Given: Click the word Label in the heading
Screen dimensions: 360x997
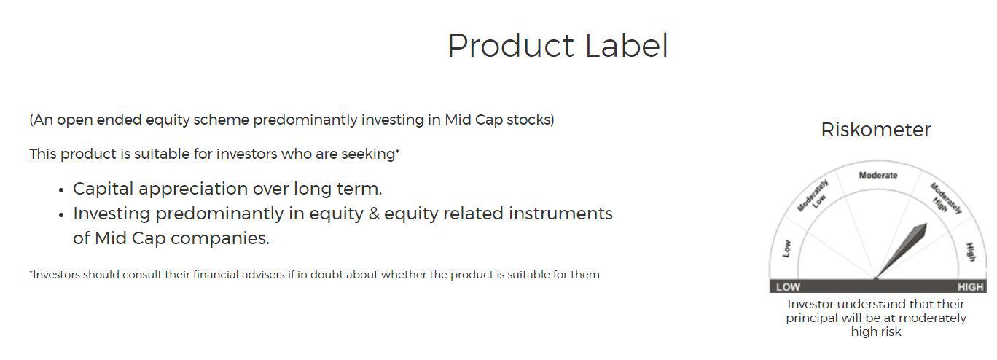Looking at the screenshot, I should pos(626,45).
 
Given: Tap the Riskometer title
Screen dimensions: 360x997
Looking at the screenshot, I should pos(875,130).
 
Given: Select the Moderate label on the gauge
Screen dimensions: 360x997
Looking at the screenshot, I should pos(877,176).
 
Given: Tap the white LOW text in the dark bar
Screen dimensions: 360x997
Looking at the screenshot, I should pos(788,287).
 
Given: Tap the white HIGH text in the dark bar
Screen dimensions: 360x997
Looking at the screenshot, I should pos(970,287).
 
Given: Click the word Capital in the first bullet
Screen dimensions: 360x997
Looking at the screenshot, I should pos(103,189).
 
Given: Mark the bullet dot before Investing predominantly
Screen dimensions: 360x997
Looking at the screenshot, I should pos(62,215).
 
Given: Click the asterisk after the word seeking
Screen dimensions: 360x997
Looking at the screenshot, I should pos(397,152).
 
